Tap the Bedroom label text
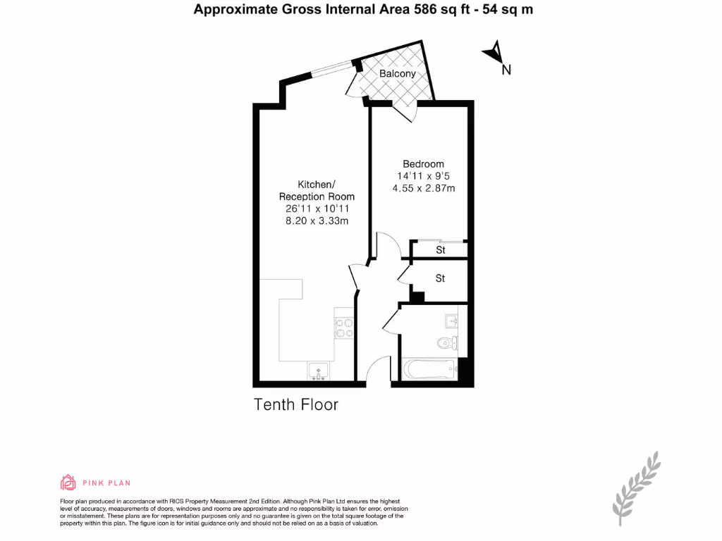tap(423, 163)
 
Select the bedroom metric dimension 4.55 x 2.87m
tap(423, 188)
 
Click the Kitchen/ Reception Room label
tap(317, 190)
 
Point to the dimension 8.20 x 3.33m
tap(317, 221)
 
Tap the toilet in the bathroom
tap(446, 343)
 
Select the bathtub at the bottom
tap(427, 368)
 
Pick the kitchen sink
tap(317, 370)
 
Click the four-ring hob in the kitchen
tap(343, 328)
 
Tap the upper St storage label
tap(441, 250)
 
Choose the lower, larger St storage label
tap(441, 279)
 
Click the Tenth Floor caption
tap(295, 405)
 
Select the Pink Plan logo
tap(95, 483)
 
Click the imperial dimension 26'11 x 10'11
tap(317, 209)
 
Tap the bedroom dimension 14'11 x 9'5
tap(423, 176)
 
